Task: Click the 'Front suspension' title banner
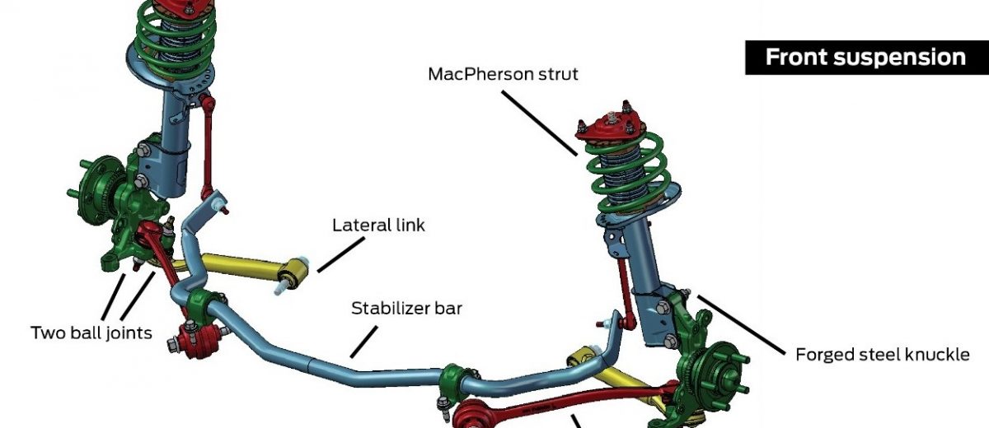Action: point(865,58)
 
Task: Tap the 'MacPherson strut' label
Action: point(503,74)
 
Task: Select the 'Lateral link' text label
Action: point(378,225)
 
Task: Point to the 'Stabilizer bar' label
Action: point(407,309)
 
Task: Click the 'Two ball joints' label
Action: point(91,333)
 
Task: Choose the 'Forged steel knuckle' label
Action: point(882,355)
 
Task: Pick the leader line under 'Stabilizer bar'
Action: point(365,341)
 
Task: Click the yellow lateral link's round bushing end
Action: point(295,272)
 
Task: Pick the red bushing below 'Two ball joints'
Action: point(198,337)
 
